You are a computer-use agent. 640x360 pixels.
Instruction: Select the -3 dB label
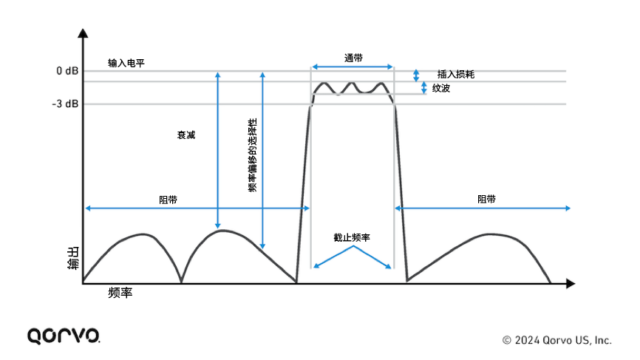66,104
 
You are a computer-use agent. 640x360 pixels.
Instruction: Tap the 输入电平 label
126,64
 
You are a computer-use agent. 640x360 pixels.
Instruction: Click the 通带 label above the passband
353,57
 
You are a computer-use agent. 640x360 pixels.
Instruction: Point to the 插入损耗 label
455,74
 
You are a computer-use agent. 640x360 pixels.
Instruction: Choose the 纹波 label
441,88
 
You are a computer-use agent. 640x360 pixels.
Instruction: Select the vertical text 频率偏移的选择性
252,154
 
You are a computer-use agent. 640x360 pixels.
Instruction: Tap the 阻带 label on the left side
168,200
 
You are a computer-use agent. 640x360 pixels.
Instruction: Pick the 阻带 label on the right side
486,200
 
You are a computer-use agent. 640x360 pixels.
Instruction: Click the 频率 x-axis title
120,293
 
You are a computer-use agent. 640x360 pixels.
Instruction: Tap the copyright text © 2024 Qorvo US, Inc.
556,340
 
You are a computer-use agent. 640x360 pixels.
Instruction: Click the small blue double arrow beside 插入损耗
416,75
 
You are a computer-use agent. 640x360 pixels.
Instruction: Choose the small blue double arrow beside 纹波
424,88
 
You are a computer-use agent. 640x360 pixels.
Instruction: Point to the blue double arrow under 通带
352,67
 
